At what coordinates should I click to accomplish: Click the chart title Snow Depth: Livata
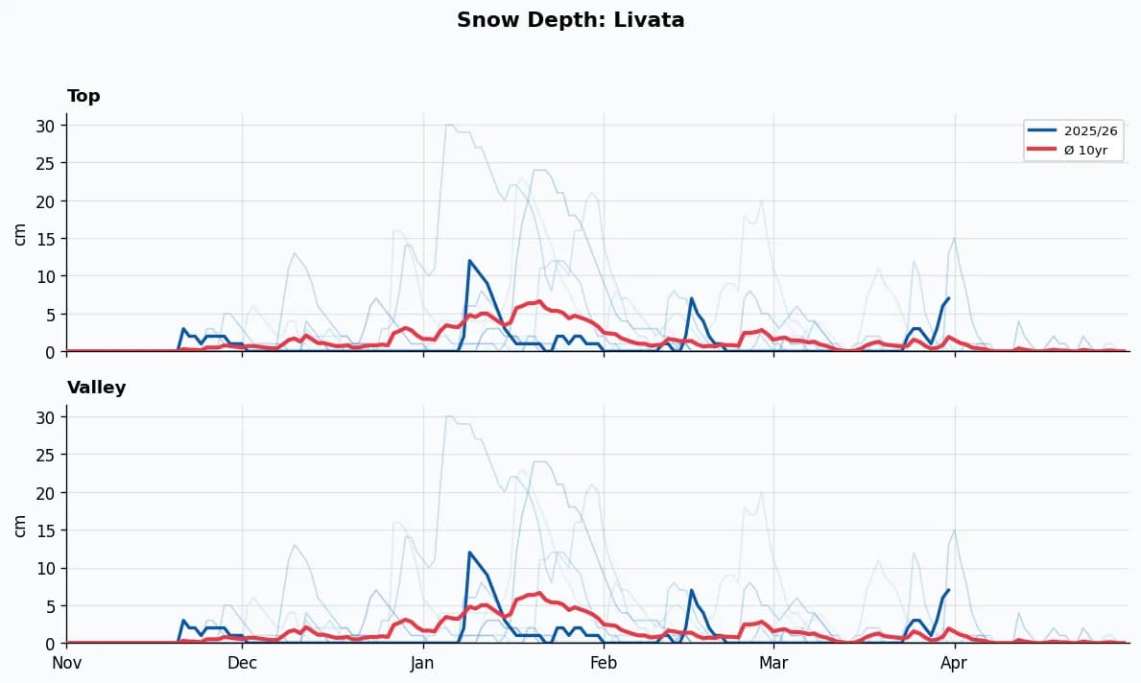coord(570,20)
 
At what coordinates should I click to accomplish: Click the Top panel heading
coord(83,96)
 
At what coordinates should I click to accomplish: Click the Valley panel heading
coord(96,388)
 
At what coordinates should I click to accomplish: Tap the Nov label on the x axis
coord(66,662)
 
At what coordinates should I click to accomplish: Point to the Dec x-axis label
coord(242,662)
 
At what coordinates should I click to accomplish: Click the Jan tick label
coord(423,662)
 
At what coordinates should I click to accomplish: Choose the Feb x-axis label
coord(604,662)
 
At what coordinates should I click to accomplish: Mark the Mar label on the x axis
coord(773,662)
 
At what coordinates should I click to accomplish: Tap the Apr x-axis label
coord(954,662)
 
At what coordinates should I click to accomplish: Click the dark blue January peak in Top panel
coord(469,261)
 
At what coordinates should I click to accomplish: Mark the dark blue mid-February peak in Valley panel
coord(691,590)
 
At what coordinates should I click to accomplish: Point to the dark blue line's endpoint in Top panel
coord(948,298)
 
